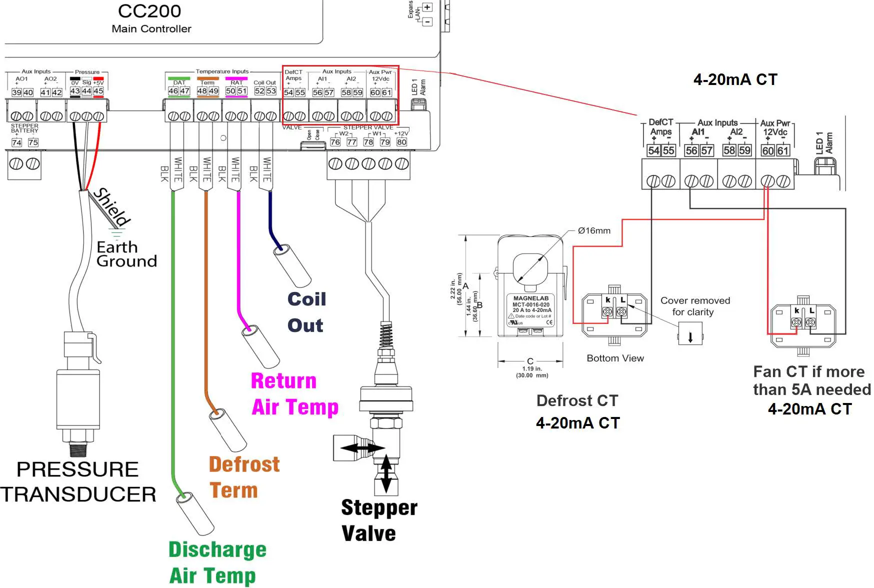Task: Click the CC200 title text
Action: (149, 11)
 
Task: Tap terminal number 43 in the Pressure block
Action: (75, 91)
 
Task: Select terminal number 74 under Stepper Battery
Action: (16, 142)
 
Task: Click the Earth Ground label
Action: (126, 254)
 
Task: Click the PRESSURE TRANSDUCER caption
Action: (78, 481)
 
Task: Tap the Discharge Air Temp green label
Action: (217, 562)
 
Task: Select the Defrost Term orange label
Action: (243, 477)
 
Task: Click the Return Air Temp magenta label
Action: (294, 393)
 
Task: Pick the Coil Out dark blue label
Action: (306, 312)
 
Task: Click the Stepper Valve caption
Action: (378, 520)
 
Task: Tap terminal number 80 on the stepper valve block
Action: (401, 142)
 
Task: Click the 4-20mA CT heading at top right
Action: (735, 79)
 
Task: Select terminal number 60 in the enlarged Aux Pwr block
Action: (767, 150)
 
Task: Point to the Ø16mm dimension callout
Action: (594, 230)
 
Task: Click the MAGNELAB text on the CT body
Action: (530, 298)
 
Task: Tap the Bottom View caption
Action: (615, 358)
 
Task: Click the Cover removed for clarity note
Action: (694, 306)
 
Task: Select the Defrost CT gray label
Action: (577, 400)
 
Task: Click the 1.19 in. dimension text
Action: (532, 368)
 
